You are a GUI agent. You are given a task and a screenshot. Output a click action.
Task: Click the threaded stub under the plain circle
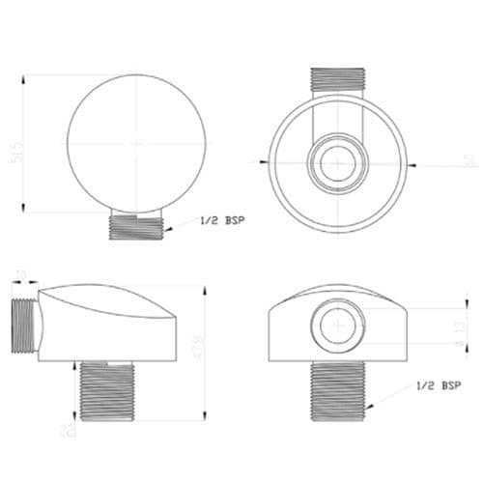coord(135,226)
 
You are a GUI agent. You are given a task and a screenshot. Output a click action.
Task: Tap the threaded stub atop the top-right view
coord(337,81)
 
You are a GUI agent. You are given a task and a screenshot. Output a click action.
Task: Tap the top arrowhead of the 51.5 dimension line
coord(25,71)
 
